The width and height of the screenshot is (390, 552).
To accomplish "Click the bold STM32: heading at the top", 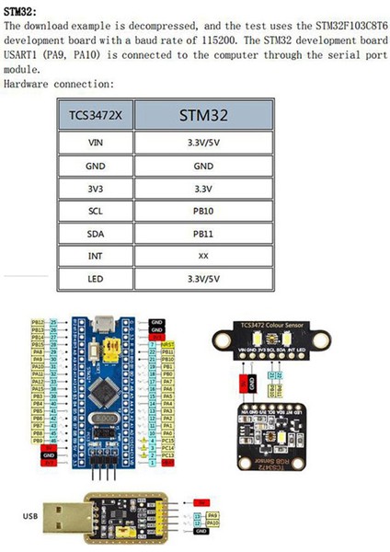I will coord(19,10).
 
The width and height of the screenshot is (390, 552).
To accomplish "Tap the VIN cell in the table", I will coord(95,144).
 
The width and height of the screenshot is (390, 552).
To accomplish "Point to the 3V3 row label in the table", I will coord(95,189).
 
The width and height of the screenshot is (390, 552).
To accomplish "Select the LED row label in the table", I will coord(95,278).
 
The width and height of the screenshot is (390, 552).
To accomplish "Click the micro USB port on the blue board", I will coord(109,328).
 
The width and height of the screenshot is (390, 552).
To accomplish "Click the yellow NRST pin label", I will coord(166,344).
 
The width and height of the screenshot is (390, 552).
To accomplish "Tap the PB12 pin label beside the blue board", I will coord(38,323).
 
